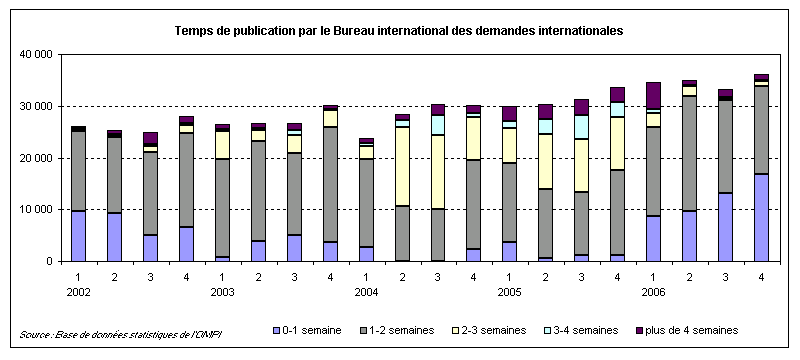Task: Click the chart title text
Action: [399, 31]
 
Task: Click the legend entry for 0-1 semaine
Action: [311, 329]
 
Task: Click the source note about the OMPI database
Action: [120, 333]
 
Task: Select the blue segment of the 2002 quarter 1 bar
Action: [77, 236]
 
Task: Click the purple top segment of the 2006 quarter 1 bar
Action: [654, 95]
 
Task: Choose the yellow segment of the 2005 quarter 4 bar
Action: [617, 143]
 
